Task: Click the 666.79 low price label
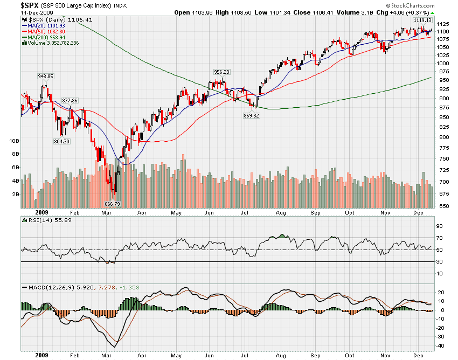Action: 112,204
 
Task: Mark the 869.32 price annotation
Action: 252,115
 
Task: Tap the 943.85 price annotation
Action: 45,76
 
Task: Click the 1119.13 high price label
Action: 421,20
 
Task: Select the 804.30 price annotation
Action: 61,141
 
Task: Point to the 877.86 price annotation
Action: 70,100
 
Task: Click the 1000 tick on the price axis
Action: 443,63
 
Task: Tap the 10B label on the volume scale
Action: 15,141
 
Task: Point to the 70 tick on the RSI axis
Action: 440,238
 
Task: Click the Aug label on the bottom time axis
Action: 280,355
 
